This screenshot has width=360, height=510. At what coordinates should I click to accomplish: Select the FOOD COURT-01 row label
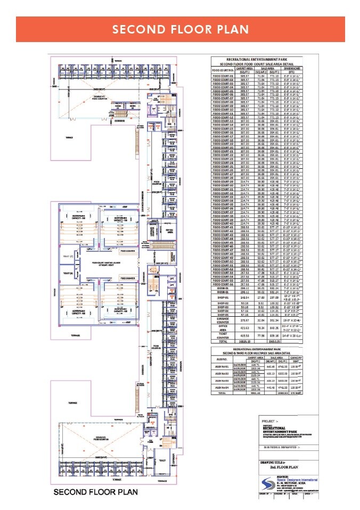point(223,77)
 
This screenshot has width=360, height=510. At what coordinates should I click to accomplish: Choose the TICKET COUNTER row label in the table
point(223,351)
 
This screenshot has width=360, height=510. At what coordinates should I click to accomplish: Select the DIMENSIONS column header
point(291,69)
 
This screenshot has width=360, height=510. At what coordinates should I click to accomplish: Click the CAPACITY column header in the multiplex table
point(296,372)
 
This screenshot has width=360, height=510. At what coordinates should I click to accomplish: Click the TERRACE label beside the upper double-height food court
point(69,137)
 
